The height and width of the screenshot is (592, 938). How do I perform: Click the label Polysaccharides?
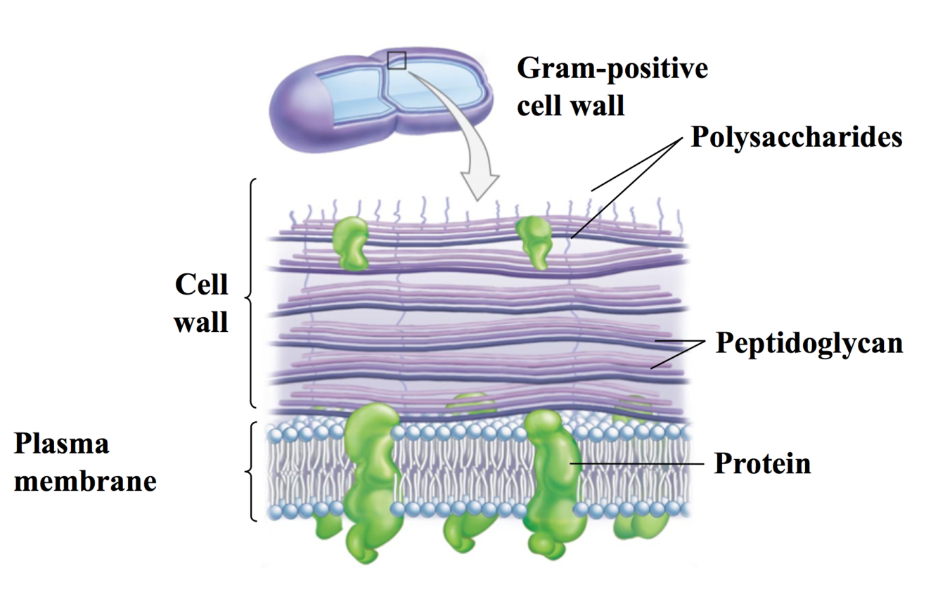pos(796,136)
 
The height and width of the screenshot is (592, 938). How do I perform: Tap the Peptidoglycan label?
pos(809,343)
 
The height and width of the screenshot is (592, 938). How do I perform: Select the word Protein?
pos(762,464)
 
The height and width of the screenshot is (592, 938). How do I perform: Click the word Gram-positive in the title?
pos(612,70)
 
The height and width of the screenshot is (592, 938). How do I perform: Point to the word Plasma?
pos(62,445)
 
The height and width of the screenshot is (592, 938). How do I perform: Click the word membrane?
pos(85,482)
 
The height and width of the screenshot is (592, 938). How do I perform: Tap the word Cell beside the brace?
pos(202,285)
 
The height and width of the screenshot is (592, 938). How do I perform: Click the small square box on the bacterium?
pos(397,60)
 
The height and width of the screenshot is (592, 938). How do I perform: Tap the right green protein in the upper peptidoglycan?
pos(535,240)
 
